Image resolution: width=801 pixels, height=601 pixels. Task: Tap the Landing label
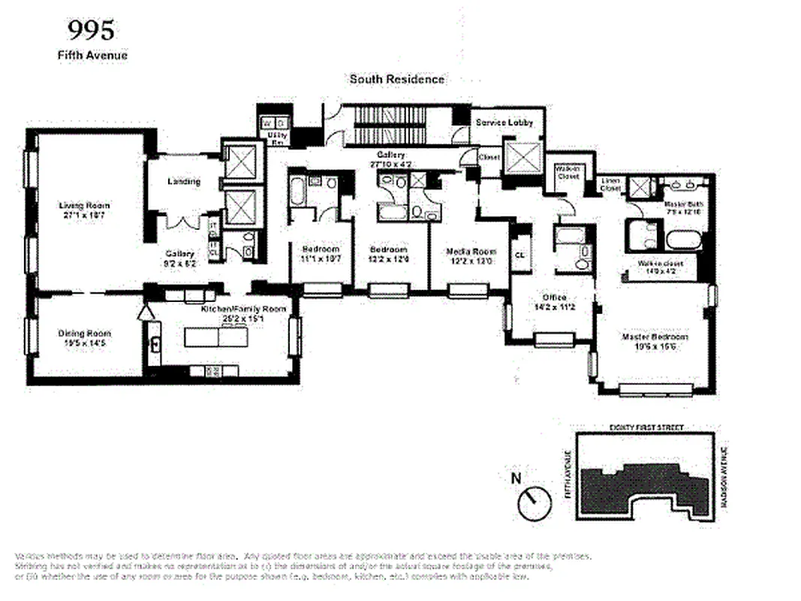(x=183, y=182)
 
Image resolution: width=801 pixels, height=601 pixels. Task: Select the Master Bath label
(x=682, y=204)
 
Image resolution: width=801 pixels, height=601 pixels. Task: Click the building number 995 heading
(x=92, y=30)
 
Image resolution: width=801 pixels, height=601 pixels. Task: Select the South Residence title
(x=396, y=79)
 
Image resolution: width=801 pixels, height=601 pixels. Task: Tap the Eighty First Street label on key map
(x=646, y=427)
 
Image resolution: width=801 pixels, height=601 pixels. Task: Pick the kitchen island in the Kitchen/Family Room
(x=217, y=337)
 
